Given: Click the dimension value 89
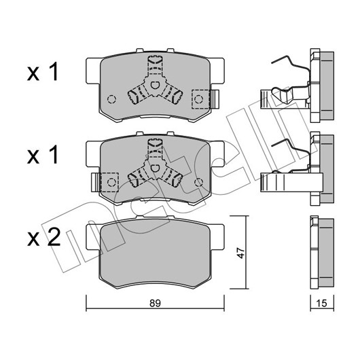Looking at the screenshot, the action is (155, 304).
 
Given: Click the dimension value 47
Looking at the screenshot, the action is (240, 253).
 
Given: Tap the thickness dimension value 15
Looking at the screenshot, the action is (322, 304).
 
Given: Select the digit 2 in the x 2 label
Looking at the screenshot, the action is (53, 238).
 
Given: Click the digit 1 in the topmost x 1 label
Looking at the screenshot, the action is (54, 71).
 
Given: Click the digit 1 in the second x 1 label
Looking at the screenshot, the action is (54, 155).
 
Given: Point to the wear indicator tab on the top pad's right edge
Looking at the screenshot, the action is (215, 99).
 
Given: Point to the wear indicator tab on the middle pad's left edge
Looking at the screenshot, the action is (96, 182).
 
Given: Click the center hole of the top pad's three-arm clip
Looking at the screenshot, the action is (155, 86).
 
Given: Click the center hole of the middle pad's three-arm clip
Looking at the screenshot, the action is (155, 168).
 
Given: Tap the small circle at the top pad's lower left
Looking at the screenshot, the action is (111, 99).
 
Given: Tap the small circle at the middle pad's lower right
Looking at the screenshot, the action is (198, 182).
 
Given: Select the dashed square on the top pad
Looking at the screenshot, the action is (200, 99).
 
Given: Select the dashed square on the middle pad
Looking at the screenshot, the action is (110, 182).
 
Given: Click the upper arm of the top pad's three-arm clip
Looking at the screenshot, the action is (155, 67).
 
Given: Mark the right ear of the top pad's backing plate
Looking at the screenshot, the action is (217, 71).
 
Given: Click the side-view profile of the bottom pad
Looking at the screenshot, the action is (322, 252).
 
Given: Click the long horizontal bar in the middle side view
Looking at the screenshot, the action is (291, 182).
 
